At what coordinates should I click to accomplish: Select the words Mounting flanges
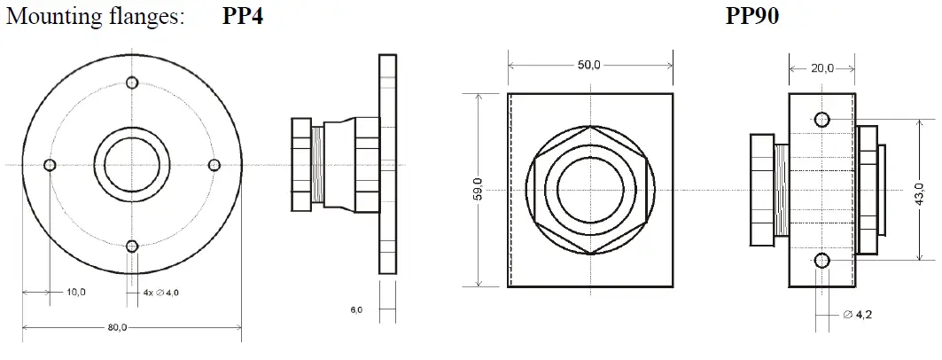(95, 17)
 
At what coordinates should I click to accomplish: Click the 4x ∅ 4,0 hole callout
(167, 292)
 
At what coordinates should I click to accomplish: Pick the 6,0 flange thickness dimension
(356, 309)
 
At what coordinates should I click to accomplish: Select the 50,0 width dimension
(589, 65)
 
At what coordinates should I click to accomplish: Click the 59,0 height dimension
(479, 190)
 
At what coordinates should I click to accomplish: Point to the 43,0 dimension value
(919, 190)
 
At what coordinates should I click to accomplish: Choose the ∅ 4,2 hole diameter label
(857, 315)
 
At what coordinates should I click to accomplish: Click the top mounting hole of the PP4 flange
(132, 83)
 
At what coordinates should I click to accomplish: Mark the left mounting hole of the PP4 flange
(51, 165)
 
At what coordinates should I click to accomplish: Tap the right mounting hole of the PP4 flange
(214, 165)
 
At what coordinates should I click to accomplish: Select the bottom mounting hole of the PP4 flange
(132, 247)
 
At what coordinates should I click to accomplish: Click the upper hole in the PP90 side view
(821, 120)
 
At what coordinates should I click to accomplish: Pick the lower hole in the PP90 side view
(821, 260)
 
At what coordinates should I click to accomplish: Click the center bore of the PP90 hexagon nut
(590, 190)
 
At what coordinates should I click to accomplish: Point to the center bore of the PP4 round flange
(132, 165)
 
